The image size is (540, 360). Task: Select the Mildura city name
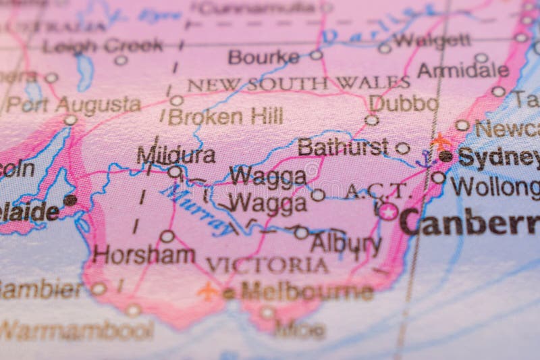[x=176, y=155]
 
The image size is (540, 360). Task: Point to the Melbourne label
[x=306, y=292]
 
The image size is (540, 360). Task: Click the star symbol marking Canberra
[x=388, y=211]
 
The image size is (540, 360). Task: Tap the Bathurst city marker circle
[x=402, y=148]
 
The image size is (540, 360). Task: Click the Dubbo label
[x=404, y=103]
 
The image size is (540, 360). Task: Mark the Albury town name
[x=346, y=242]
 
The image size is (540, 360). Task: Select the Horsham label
[x=144, y=254]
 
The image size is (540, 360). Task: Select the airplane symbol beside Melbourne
[x=209, y=291]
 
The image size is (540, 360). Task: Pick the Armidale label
[x=462, y=70]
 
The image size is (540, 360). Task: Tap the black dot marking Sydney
[x=446, y=156]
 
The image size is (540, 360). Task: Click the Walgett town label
[x=432, y=41]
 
